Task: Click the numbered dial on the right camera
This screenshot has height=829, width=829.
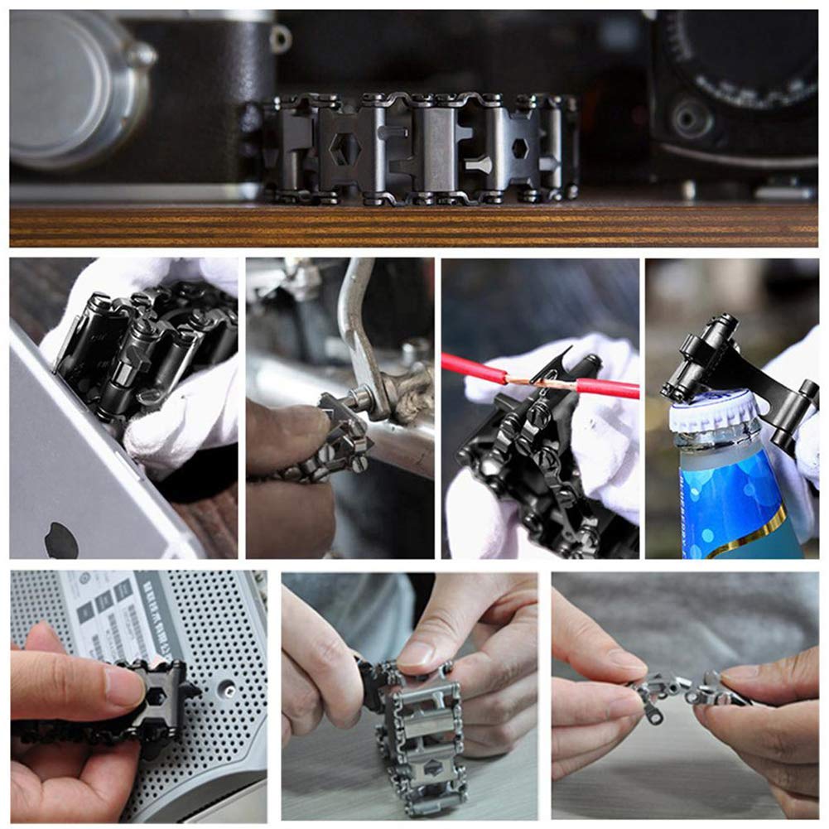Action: click(x=745, y=58)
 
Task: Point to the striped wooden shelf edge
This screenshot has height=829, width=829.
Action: click(x=414, y=224)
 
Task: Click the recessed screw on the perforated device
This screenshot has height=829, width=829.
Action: click(x=223, y=687)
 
